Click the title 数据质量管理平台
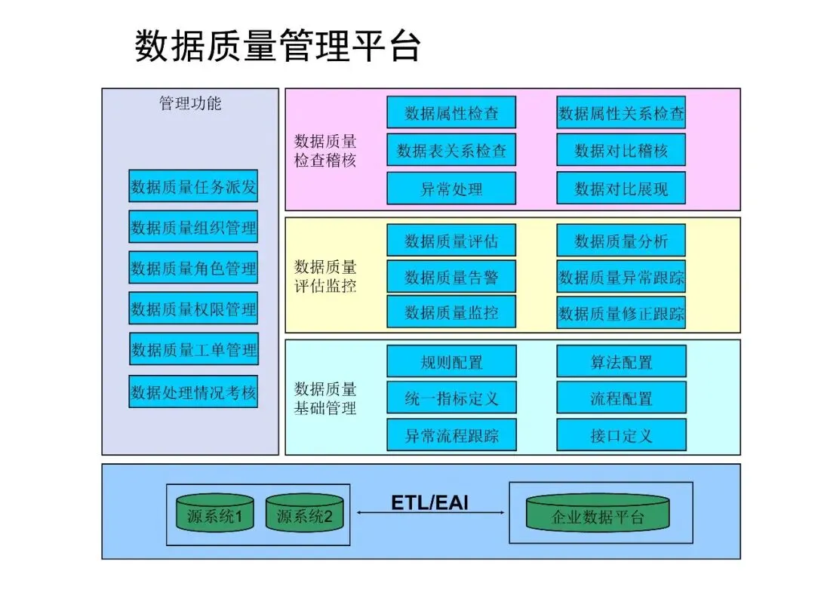pos(277,46)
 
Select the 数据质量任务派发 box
pos(193,186)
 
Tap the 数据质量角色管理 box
pos(193,268)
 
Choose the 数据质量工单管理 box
pos(194,349)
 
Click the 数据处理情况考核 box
pos(193,391)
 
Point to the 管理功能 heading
pos(190,103)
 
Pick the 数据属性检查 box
pos(451,112)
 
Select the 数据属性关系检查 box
pos(621,112)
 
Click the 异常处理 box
pos(451,189)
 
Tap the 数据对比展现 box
pos(621,189)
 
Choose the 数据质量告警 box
pos(451,276)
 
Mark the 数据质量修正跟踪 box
pos(621,312)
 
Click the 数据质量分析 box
pos(621,240)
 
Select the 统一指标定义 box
pos(451,398)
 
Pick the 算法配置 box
pos(621,361)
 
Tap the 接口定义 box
pos(621,435)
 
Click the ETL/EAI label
pos(429,502)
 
